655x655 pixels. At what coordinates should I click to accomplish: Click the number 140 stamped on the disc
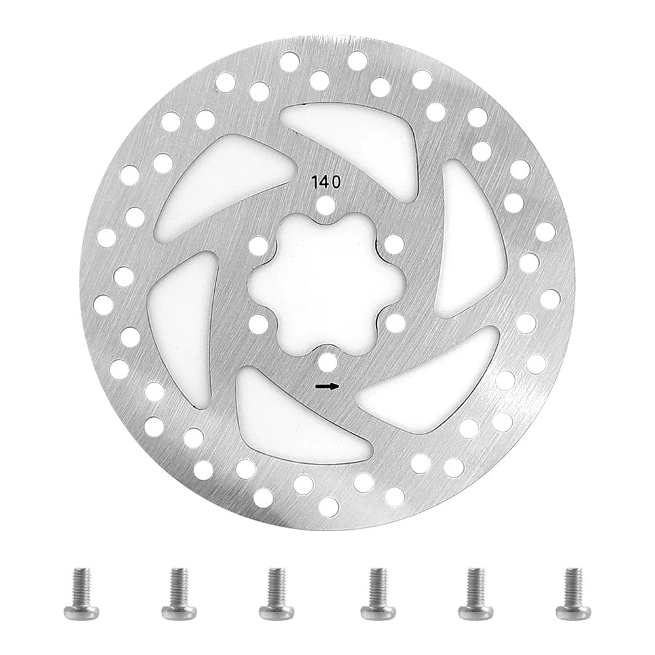(x=326, y=182)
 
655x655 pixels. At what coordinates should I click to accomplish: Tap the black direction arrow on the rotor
(x=327, y=386)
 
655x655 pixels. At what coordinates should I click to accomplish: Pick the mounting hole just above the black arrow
(x=327, y=362)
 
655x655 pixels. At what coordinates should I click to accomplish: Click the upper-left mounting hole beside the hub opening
(x=259, y=245)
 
